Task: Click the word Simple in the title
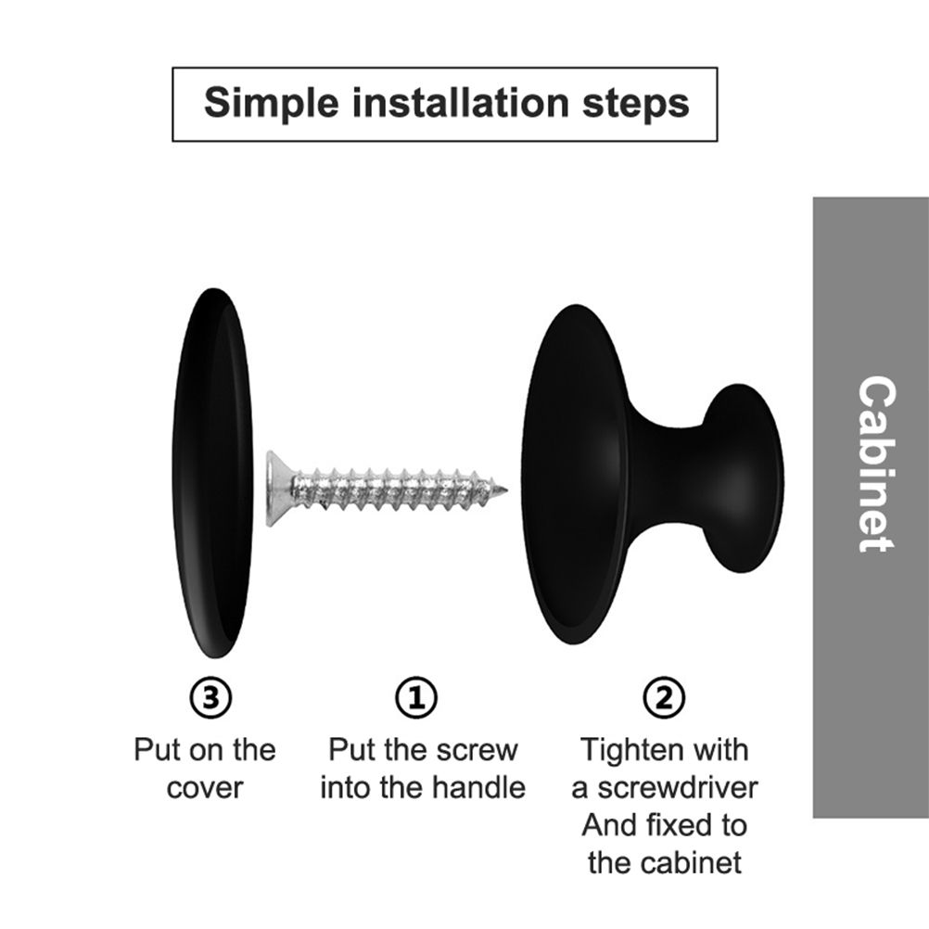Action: tap(272, 104)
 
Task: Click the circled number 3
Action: tap(210, 698)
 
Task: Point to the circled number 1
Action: tap(416, 698)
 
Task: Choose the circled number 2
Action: tap(664, 698)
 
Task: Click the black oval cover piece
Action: tap(212, 473)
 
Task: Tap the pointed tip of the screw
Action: tap(505, 490)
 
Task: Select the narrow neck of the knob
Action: tap(675, 474)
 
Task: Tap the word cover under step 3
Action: tap(205, 789)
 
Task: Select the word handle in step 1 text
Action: tap(478, 788)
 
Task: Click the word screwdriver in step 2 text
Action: tap(677, 788)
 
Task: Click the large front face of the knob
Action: tap(574, 474)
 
